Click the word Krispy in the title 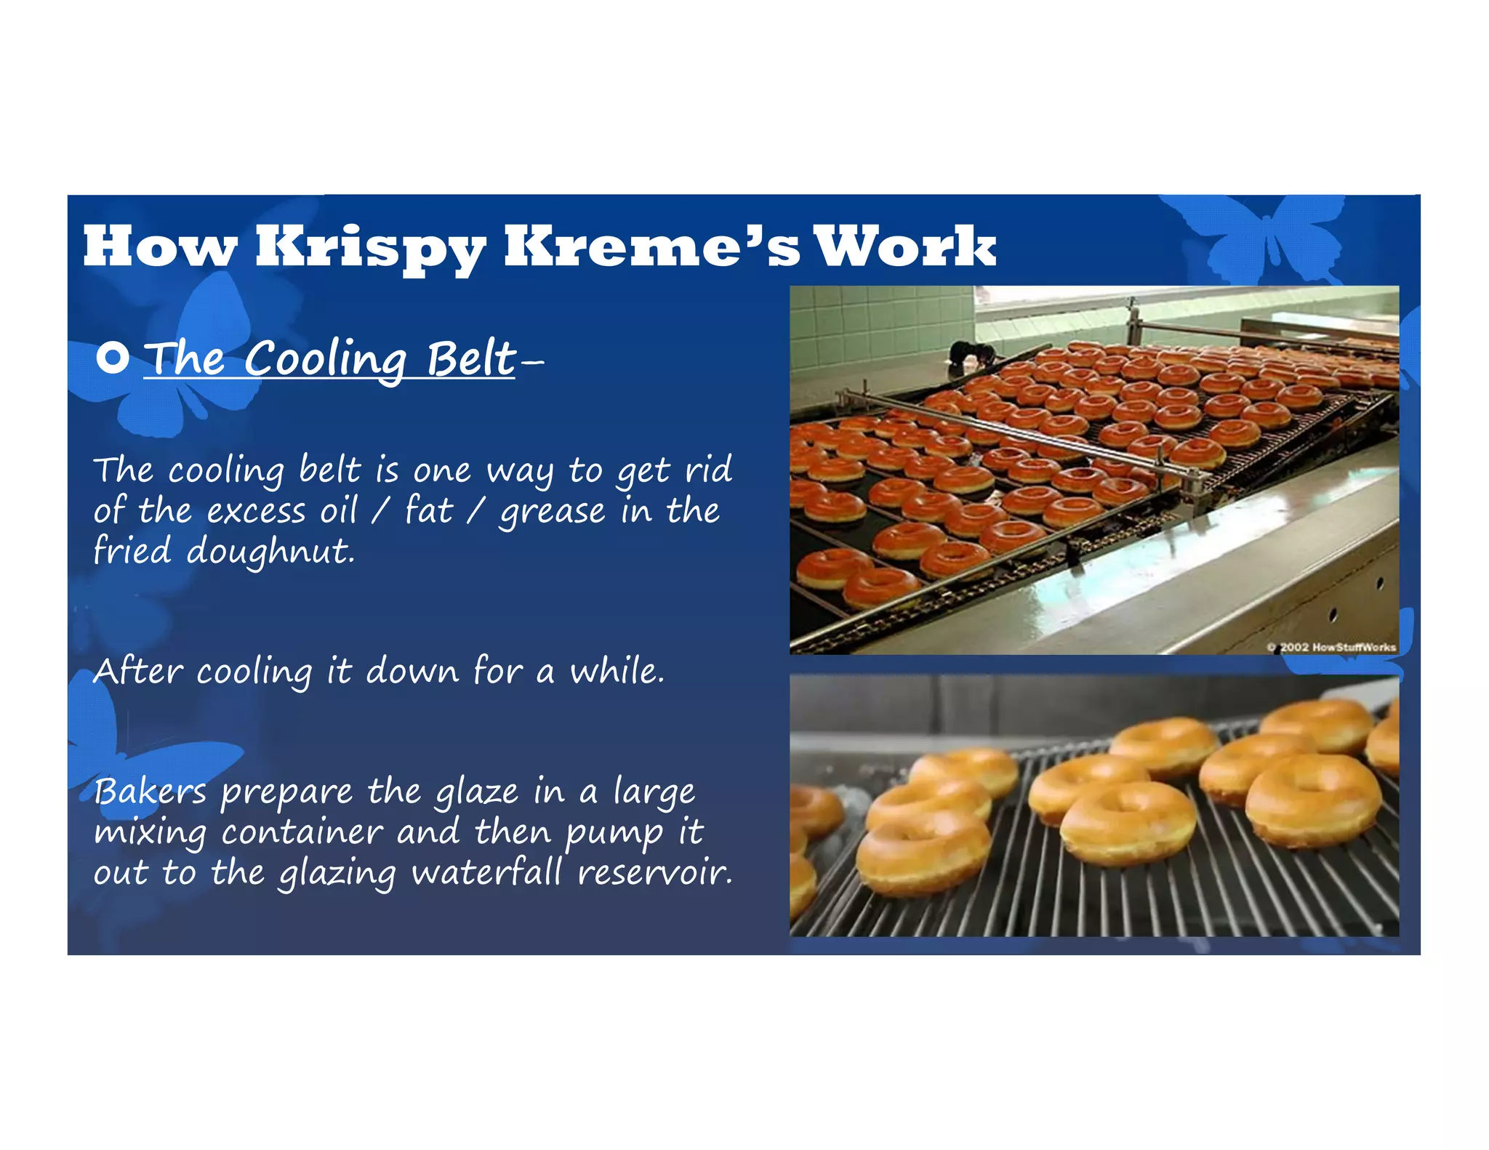[370, 247]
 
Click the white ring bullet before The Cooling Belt [113, 358]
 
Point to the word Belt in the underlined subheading [470, 358]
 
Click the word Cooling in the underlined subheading [325, 358]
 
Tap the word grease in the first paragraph [552, 511]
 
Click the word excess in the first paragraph [256, 511]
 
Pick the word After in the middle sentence [137, 670]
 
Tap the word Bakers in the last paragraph [150, 791]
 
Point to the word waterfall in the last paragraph [487, 872]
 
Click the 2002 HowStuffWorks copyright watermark [1331, 646]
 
